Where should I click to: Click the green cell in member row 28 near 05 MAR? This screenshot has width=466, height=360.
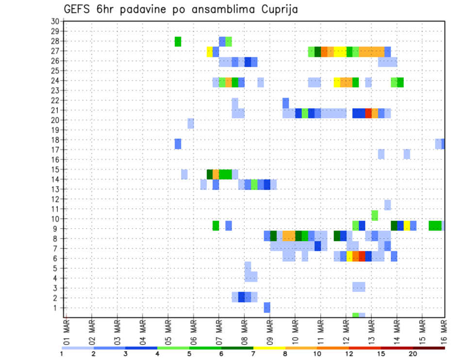point(178,41)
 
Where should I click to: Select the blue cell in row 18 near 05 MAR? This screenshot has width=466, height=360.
point(178,144)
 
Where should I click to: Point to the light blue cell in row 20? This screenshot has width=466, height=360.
point(191,123)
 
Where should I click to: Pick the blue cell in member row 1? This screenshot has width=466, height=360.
point(267,307)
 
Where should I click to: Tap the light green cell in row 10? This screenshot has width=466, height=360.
point(375,215)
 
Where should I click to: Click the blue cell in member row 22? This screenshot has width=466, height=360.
point(285,103)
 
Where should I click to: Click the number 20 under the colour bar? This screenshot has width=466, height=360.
point(413,354)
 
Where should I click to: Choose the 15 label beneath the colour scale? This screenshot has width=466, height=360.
point(381,354)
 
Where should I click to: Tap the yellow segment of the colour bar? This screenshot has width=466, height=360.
point(269,348)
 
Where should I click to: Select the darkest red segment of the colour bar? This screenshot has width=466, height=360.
point(429,348)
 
